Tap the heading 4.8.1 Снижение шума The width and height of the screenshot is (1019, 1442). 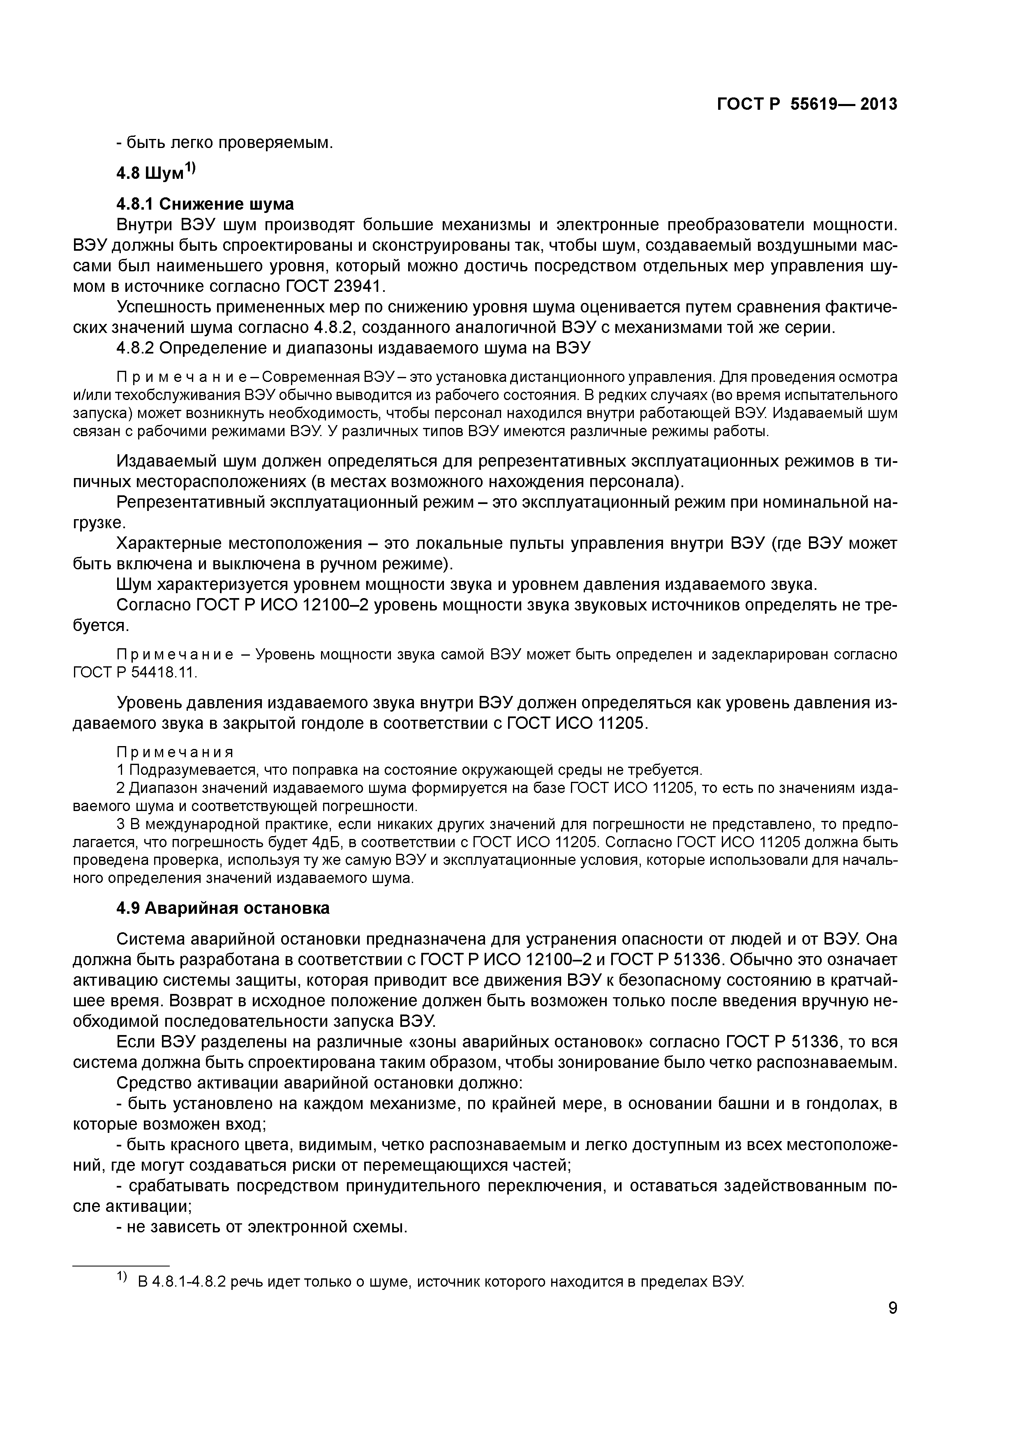tap(205, 204)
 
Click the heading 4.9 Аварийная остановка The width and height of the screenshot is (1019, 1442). tap(222, 908)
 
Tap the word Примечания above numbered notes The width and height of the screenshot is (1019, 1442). tap(175, 752)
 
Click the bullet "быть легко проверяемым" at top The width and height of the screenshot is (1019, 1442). tap(224, 143)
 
